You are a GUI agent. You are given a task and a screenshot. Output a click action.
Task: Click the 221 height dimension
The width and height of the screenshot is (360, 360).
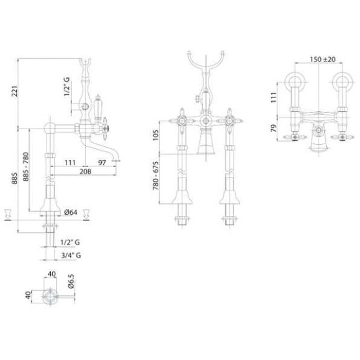(x=14, y=91)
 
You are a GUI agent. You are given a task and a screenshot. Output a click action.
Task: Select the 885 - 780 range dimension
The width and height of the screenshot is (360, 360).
(x=26, y=166)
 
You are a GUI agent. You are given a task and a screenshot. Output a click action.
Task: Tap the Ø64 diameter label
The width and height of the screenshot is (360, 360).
(x=71, y=212)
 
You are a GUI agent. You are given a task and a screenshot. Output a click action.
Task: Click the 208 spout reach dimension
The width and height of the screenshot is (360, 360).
(x=85, y=171)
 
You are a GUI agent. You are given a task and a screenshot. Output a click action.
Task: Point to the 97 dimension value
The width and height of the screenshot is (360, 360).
(x=102, y=163)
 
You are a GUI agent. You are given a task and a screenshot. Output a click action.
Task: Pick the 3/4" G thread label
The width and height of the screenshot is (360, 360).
(x=71, y=255)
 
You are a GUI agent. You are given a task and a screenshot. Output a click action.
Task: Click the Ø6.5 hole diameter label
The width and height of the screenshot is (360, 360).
(x=71, y=281)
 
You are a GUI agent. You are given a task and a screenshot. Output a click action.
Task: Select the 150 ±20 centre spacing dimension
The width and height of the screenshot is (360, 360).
(x=323, y=60)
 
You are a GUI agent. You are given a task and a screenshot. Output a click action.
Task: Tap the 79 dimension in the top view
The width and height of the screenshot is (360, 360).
(x=274, y=128)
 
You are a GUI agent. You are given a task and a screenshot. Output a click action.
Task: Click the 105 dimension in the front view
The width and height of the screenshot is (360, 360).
(x=156, y=135)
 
